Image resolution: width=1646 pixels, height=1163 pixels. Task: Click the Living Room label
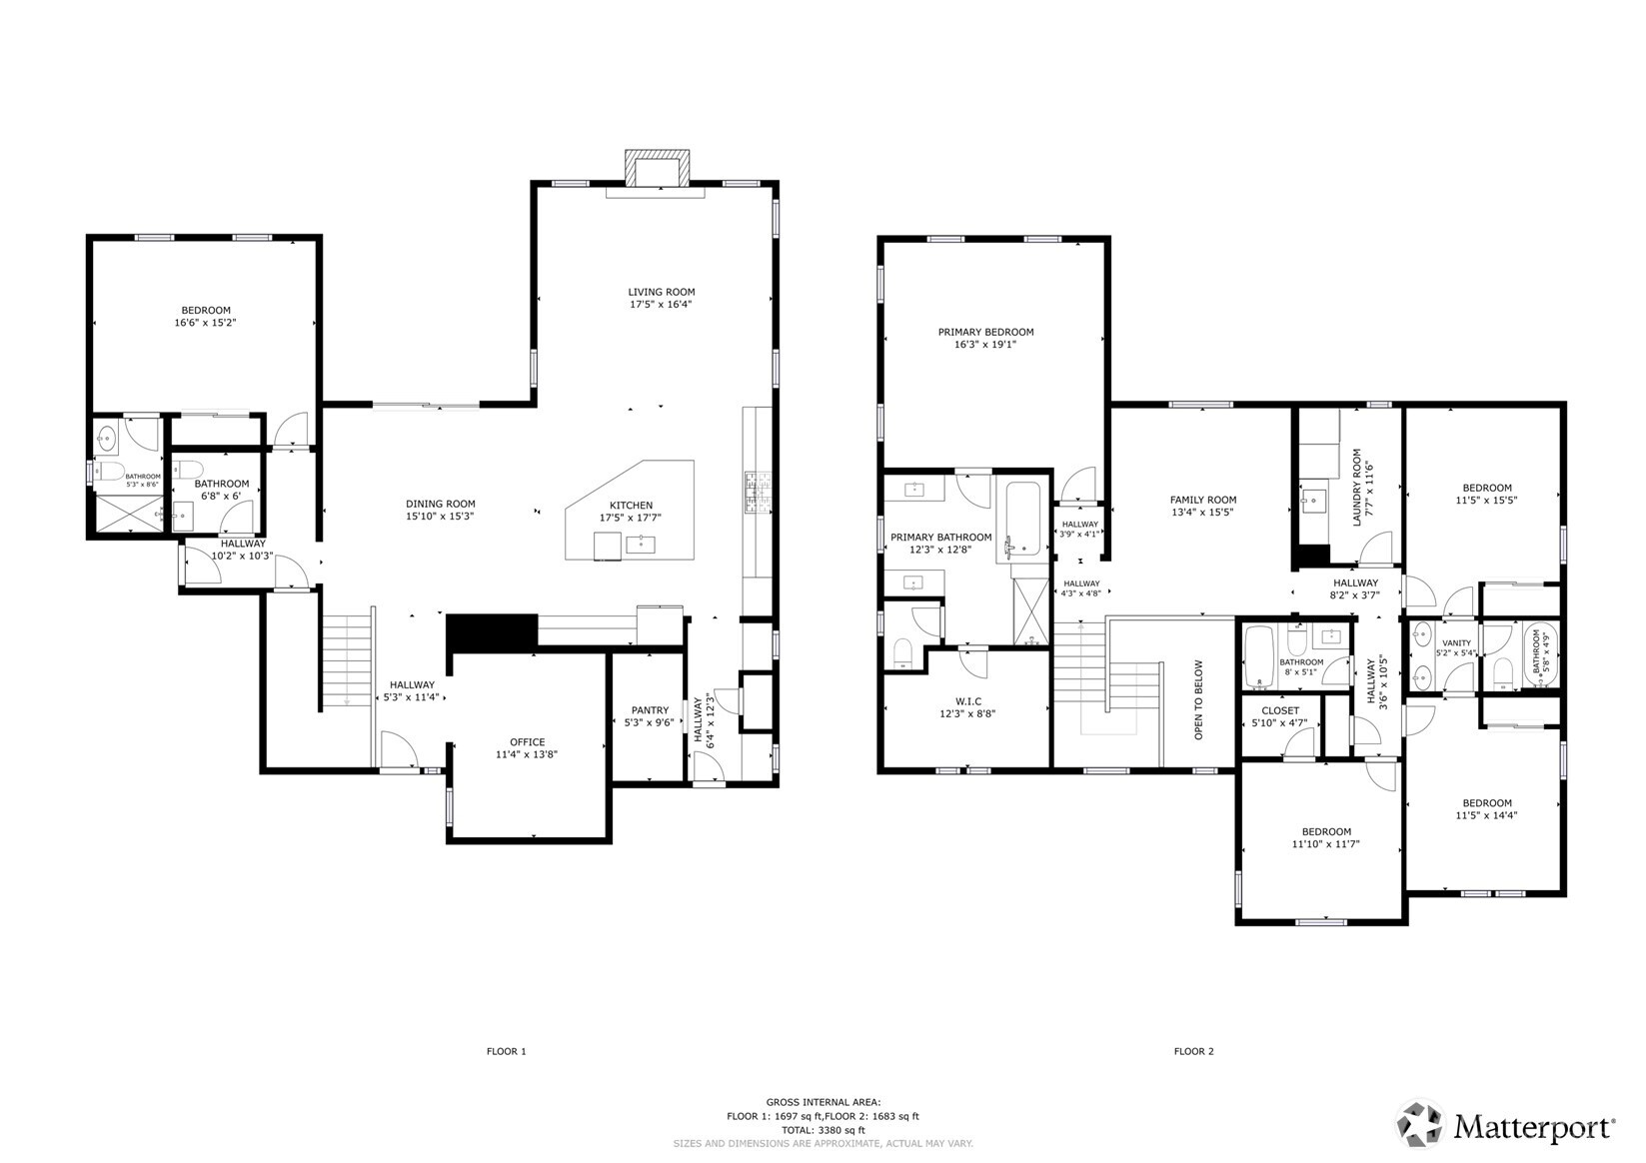click(x=661, y=292)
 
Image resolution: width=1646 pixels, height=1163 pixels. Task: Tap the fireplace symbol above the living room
click(x=657, y=168)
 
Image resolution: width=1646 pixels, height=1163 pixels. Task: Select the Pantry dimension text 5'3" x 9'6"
click(x=649, y=722)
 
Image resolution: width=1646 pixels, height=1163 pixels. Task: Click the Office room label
click(x=527, y=741)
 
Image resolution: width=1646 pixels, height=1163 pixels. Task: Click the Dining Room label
click(x=440, y=504)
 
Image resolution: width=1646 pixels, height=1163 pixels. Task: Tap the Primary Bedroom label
click(x=985, y=332)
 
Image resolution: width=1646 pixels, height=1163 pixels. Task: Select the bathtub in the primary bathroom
click(x=1024, y=518)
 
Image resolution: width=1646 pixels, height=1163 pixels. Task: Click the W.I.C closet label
click(x=966, y=701)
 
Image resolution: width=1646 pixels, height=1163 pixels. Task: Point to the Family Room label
click(x=1203, y=500)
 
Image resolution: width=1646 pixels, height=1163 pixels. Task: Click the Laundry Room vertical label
click(x=1357, y=488)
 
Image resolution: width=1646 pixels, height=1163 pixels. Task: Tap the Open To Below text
click(x=1199, y=699)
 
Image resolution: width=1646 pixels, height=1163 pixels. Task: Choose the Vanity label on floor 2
click(x=1456, y=642)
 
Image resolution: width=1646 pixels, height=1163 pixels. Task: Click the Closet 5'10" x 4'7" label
click(x=1280, y=710)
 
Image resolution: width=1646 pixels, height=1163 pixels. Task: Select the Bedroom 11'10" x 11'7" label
click(x=1326, y=831)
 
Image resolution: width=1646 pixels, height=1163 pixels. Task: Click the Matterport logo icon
click(x=1420, y=1125)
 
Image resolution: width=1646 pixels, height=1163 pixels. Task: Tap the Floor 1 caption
click(x=506, y=1051)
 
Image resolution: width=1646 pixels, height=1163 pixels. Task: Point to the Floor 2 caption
click(x=1193, y=1051)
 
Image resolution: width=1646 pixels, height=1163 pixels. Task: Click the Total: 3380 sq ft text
click(x=823, y=1130)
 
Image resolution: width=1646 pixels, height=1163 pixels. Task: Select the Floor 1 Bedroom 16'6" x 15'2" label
click(x=205, y=310)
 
